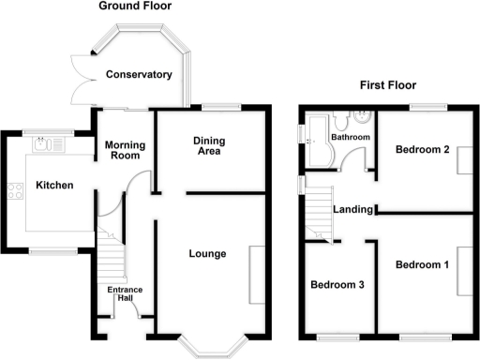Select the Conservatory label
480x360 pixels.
[x=139, y=74]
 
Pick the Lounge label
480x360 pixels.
[x=206, y=253]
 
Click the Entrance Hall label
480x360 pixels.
[x=125, y=294]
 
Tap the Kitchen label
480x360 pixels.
[x=54, y=186]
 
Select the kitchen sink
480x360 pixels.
[x=46, y=145]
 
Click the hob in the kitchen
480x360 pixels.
[x=16, y=192]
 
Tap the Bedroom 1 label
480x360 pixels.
[x=422, y=265]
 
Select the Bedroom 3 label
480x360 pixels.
[x=337, y=285]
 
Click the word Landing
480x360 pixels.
[x=354, y=209]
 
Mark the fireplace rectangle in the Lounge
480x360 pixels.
[x=256, y=273]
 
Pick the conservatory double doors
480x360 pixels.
[x=79, y=78]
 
